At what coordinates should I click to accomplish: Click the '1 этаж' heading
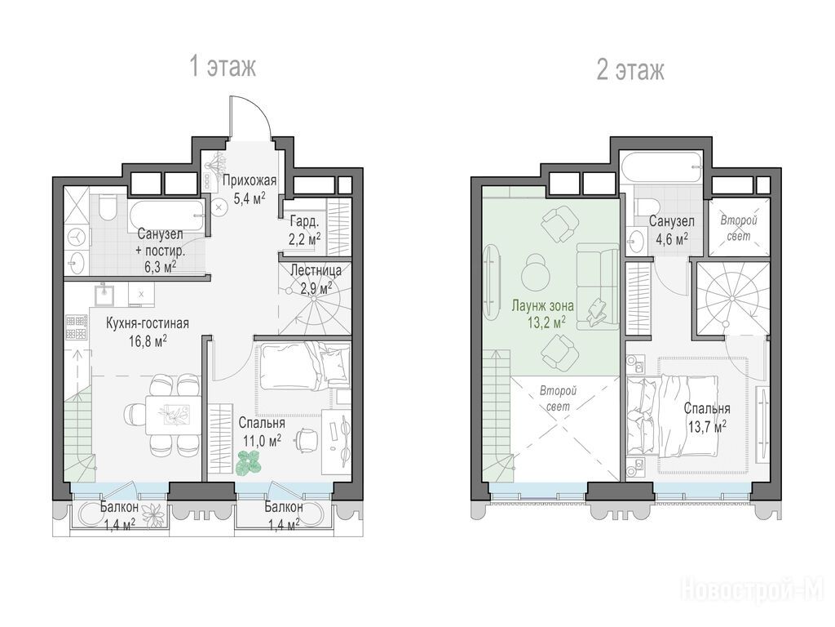click(x=223, y=67)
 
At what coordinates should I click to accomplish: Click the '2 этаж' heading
click(x=630, y=70)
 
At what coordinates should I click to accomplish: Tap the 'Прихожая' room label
click(x=250, y=180)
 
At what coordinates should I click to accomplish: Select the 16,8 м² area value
click(x=148, y=340)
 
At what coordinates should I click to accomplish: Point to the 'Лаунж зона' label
click(x=542, y=306)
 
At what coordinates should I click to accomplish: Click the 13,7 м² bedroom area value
click(x=706, y=427)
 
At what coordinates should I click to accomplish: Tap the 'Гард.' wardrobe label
click(x=304, y=220)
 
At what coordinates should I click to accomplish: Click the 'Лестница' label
click(x=316, y=270)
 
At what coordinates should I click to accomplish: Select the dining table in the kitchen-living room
click(x=174, y=415)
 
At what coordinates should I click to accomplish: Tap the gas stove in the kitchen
click(x=77, y=327)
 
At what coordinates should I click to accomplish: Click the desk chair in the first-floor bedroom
click(x=307, y=438)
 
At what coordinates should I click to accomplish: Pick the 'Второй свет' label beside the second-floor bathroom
click(x=738, y=228)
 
